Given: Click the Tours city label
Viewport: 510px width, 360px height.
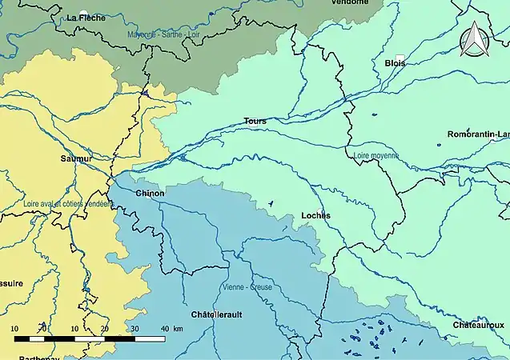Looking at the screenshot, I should pyautogui.click(x=255, y=122).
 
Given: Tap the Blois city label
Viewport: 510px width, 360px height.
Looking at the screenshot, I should pyautogui.click(x=395, y=63).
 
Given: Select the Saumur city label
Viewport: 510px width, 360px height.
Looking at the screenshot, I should pyautogui.click(x=76, y=158).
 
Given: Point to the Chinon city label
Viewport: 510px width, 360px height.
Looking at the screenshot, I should pyautogui.click(x=151, y=194).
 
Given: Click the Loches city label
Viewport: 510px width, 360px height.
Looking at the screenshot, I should pyautogui.click(x=315, y=216).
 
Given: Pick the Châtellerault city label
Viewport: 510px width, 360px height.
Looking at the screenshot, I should pyautogui.click(x=217, y=314).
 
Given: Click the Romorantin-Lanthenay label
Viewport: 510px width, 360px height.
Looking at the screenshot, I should pyautogui.click(x=478, y=134).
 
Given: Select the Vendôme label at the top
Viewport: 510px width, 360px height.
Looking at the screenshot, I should pyautogui.click(x=351, y=2).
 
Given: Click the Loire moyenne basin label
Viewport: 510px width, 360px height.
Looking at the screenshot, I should pyautogui.click(x=375, y=155).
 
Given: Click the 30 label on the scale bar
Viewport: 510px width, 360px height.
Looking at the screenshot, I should pyautogui.click(x=135, y=329).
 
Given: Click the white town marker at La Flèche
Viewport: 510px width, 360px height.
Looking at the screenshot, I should pyautogui.click(x=83, y=12).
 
